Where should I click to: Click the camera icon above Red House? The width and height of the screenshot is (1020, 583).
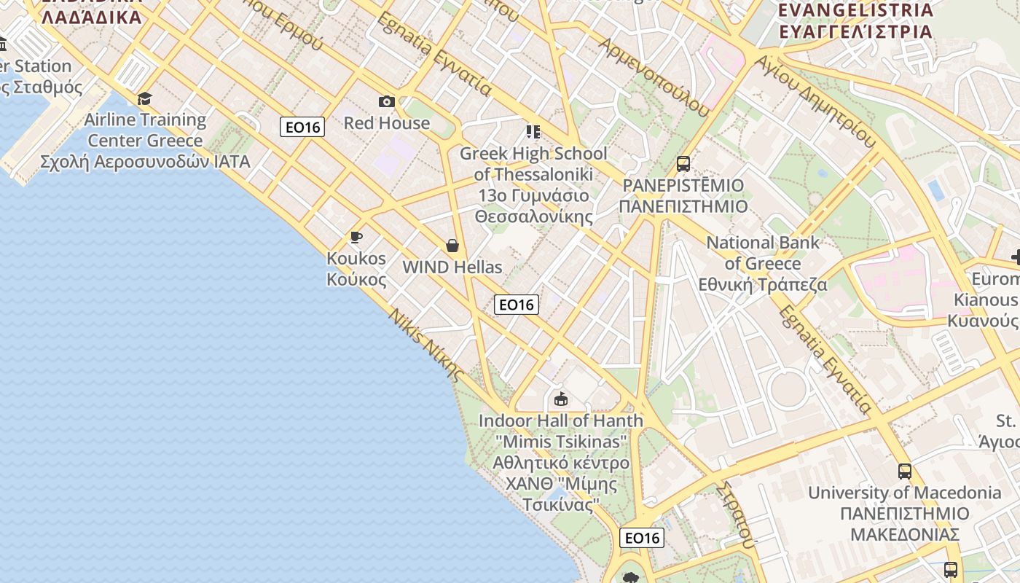click(x=386, y=101)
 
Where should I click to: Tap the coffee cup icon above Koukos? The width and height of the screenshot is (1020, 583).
click(x=356, y=237)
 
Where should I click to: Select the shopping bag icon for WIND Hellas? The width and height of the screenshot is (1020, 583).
click(x=452, y=246)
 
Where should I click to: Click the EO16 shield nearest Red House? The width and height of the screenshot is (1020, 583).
click(x=302, y=127)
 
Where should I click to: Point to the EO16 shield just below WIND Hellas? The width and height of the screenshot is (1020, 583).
click(x=516, y=304)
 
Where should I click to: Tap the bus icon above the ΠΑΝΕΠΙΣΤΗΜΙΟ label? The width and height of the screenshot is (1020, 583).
click(x=683, y=164)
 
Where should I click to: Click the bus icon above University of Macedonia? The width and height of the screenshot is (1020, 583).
click(x=904, y=472)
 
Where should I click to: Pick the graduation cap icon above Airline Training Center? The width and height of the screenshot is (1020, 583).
click(x=144, y=98)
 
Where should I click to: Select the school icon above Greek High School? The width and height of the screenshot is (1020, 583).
click(x=533, y=132)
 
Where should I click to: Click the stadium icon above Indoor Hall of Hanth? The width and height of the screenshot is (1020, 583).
click(x=560, y=399)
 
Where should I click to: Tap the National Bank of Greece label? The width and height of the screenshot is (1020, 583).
click(x=763, y=263)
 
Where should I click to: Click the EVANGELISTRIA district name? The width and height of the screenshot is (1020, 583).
click(x=855, y=10)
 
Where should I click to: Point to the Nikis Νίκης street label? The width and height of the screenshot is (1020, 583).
click(x=425, y=345)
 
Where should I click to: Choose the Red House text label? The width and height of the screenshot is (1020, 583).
click(x=386, y=122)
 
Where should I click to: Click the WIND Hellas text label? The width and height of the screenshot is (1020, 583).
click(x=452, y=267)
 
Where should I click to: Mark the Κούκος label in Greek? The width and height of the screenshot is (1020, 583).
click(x=356, y=279)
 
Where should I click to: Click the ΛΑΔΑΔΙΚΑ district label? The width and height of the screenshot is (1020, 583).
click(x=92, y=17)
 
